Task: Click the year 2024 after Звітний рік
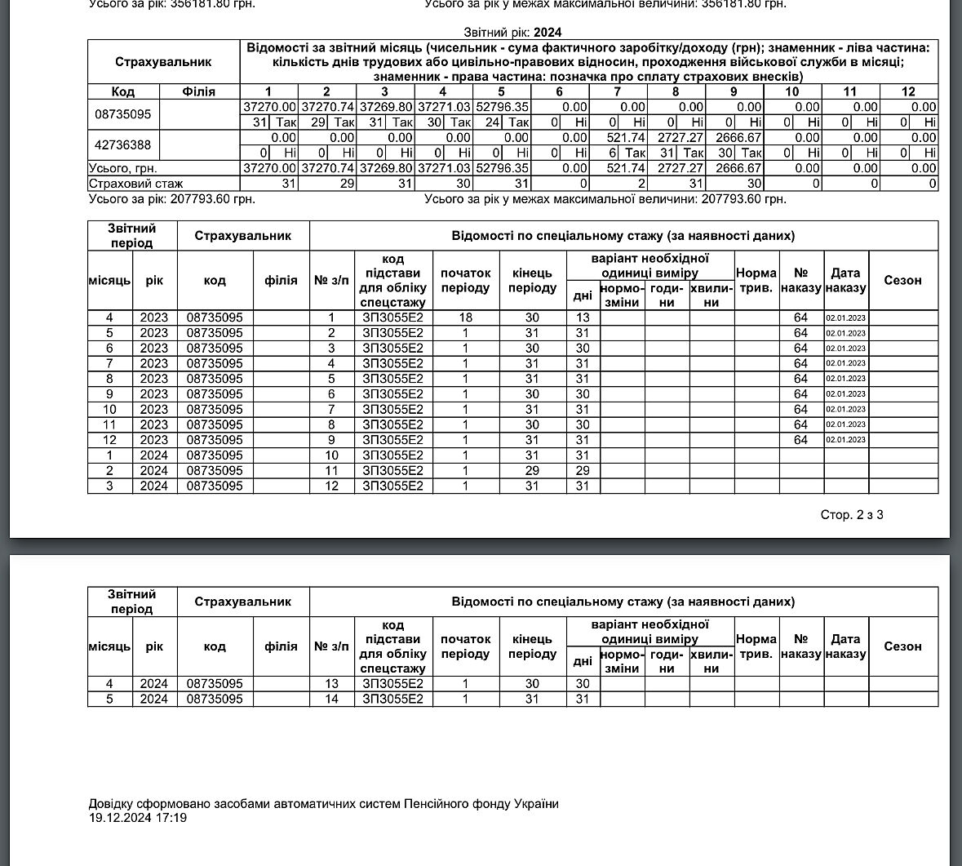point(547,33)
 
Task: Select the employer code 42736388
point(123,145)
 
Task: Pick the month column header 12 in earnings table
point(908,91)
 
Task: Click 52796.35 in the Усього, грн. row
point(502,168)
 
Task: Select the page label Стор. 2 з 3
point(852,515)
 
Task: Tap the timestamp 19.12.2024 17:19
point(138,817)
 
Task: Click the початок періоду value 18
point(465,318)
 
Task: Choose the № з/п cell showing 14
point(331,699)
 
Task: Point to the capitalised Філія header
point(199,91)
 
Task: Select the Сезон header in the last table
point(902,646)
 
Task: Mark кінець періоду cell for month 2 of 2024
point(532,471)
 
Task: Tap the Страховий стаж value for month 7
point(618,184)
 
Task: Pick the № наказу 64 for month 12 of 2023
point(800,440)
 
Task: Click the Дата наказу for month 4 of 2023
point(845,318)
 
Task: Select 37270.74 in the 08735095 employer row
point(327,107)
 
